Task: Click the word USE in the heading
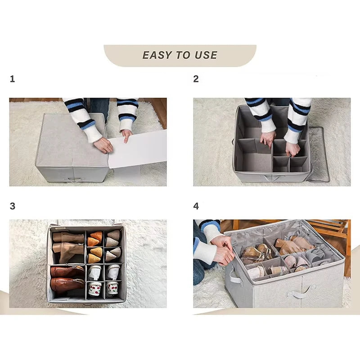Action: (206, 55)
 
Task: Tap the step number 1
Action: (12, 79)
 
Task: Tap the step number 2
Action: (196, 79)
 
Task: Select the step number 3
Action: (12, 207)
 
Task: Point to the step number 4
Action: (196, 207)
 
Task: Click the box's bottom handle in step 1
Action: (72, 179)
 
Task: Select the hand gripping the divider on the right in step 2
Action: (292, 148)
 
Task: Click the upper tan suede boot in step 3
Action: (68, 237)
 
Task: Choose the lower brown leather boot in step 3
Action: (67, 284)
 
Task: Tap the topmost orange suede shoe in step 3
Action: (96, 235)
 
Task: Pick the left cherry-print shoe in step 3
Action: (94, 288)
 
